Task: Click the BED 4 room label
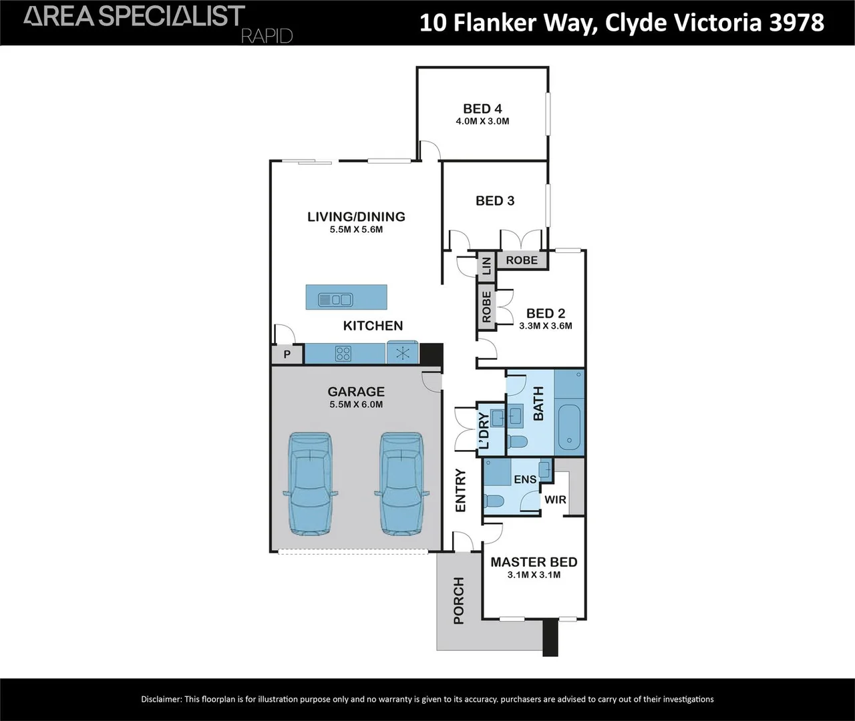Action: [x=482, y=109]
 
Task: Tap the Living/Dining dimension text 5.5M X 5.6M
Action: [x=356, y=230]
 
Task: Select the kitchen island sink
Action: [x=335, y=300]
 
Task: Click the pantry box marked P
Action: [x=287, y=354]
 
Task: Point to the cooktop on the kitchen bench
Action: [x=343, y=354]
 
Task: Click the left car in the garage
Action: [x=310, y=484]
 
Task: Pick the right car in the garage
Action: [x=401, y=484]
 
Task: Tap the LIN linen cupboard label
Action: [x=487, y=266]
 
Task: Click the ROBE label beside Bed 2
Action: [x=486, y=308]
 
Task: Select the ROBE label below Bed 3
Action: [x=522, y=260]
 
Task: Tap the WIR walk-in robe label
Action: [x=555, y=499]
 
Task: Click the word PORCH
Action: [x=459, y=601]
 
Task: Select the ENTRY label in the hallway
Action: [x=461, y=491]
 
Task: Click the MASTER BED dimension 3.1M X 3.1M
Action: [x=534, y=575]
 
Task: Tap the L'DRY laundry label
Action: [x=484, y=431]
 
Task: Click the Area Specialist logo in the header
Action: [x=134, y=16]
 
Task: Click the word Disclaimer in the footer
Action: [x=160, y=700]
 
